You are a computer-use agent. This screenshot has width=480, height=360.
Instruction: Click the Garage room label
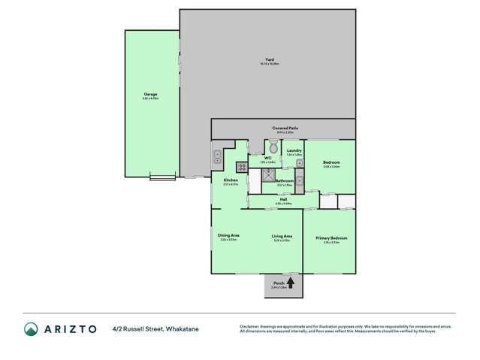(150, 95)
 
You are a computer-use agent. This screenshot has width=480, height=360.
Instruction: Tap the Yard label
(269, 60)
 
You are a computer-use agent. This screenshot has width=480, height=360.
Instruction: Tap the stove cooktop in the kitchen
(242, 168)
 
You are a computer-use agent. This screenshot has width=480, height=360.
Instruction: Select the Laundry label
(294, 151)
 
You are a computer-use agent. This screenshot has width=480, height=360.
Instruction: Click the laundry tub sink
(299, 180)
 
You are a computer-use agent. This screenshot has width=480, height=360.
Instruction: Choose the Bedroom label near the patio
(331, 163)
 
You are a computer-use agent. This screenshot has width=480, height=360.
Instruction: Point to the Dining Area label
(228, 236)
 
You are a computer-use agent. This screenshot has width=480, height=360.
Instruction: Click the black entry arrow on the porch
(290, 283)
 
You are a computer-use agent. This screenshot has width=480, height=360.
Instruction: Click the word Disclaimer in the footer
(251, 326)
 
